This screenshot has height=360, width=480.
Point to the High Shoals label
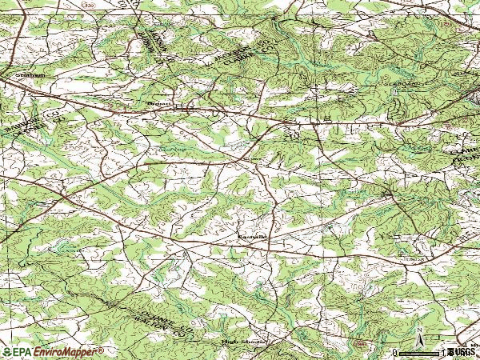click(x=239, y=342)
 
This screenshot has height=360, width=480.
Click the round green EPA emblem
click(x=6, y=352)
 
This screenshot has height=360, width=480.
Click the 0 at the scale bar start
click(x=395, y=352)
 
